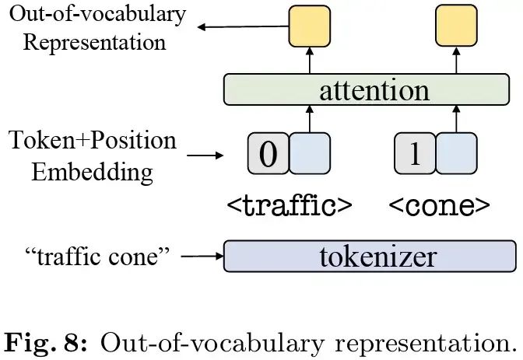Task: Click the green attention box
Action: (x=369, y=90)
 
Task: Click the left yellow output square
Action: (x=310, y=26)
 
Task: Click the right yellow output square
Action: (x=456, y=26)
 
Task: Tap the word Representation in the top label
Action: (x=94, y=41)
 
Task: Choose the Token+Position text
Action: (x=93, y=142)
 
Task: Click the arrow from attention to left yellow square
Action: (x=310, y=61)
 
